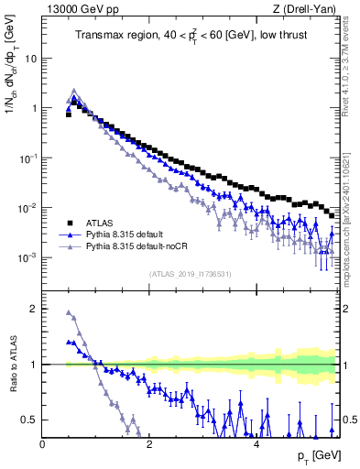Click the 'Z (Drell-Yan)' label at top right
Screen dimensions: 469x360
click(x=307, y=9)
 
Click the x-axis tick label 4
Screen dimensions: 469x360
click(x=256, y=444)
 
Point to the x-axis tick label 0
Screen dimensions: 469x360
click(x=43, y=444)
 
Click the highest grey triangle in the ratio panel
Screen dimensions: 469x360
click(x=69, y=312)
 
